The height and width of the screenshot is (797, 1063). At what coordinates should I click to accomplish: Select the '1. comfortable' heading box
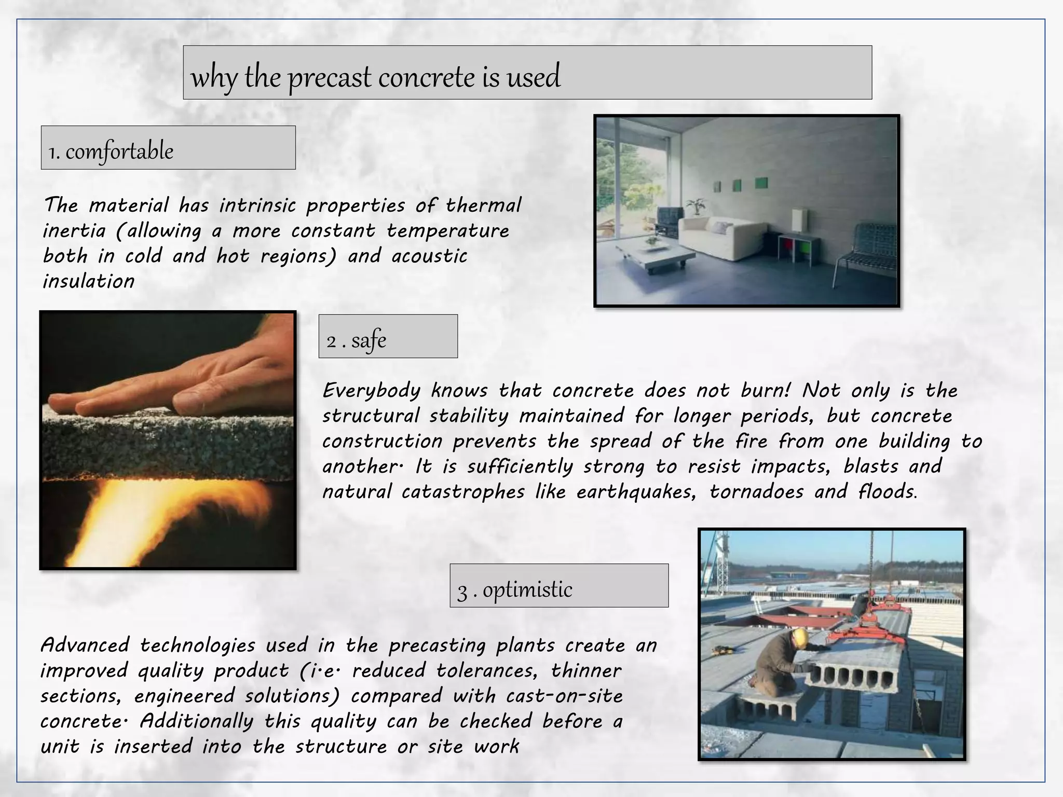[x=168, y=148]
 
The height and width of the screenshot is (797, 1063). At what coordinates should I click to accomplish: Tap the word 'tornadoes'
[x=756, y=492]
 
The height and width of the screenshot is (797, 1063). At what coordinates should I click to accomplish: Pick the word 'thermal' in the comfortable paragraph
[x=483, y=205]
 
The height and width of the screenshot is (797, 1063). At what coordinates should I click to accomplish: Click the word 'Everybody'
[x=371, y=391]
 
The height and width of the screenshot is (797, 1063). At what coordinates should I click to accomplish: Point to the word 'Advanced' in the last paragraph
[x=85, y=645]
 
